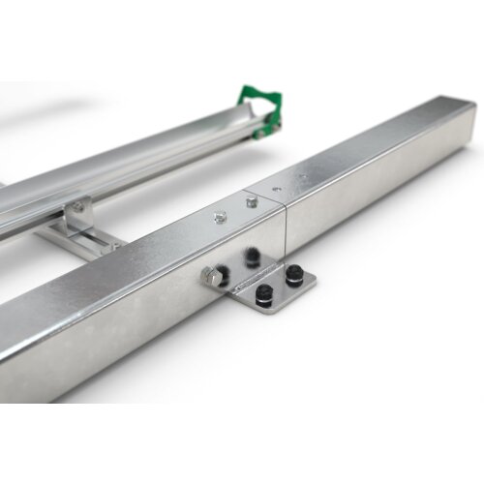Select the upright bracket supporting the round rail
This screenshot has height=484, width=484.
pyautogui.click(x=77, y=212)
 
